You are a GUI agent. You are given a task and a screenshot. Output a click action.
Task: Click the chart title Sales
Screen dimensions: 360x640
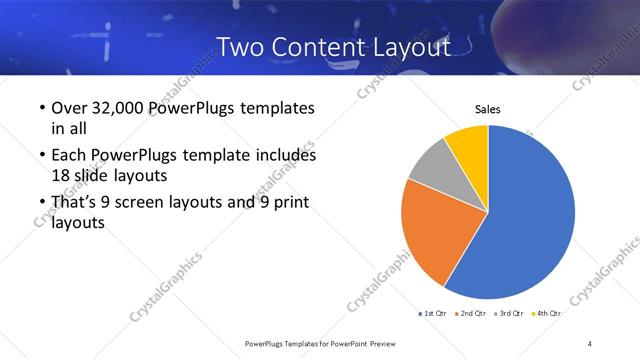[x=487, y=109]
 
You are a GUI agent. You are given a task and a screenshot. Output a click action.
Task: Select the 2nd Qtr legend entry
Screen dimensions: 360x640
[x=473, y=313]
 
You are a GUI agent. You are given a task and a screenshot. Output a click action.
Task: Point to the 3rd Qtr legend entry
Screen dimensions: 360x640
[x=510, y=313]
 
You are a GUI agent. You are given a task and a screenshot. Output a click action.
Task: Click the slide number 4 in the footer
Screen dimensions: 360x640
[x=590, y=343]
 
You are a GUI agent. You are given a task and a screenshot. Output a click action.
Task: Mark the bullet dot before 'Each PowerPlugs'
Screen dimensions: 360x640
[x=40, y=156]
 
